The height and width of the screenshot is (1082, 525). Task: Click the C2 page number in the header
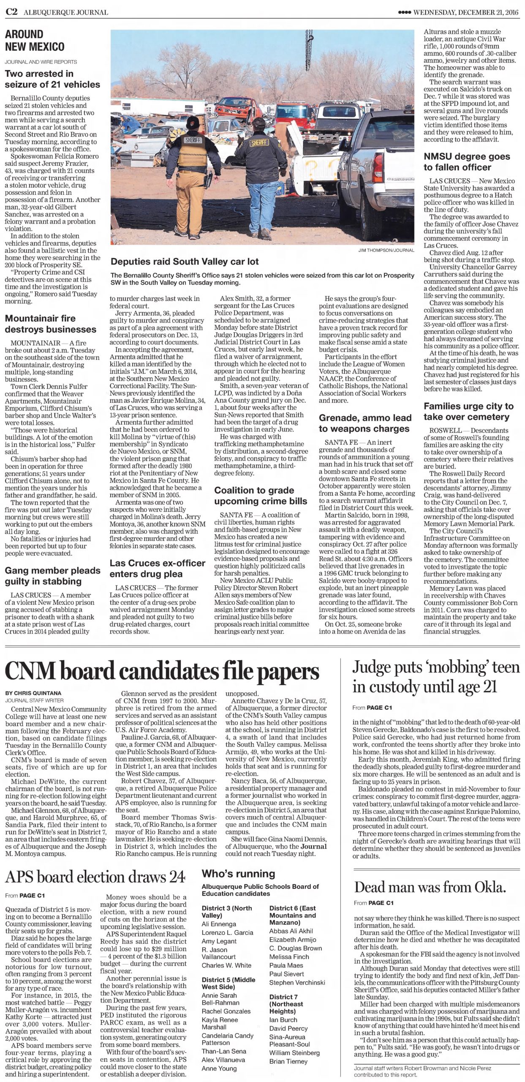click(11, 12)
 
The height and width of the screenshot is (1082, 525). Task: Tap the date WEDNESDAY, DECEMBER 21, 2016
click(465, 12)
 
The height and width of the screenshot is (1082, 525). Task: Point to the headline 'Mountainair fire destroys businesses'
click(51, 324)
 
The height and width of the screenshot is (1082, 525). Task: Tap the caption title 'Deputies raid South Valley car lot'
click(184, 262)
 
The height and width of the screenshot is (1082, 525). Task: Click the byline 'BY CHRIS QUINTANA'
click(33, 693)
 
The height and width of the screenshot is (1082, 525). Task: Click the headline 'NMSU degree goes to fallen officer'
click(467, 161)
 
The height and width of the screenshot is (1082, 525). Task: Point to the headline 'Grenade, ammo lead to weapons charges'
click(365, 423)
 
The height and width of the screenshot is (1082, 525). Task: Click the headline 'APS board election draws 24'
click(95, 877)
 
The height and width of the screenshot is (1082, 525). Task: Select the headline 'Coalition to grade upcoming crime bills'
click(261, 496)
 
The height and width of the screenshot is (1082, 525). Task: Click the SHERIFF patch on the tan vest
click(193, 139)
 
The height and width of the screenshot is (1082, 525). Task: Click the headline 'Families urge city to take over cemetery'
click(468, 411)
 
